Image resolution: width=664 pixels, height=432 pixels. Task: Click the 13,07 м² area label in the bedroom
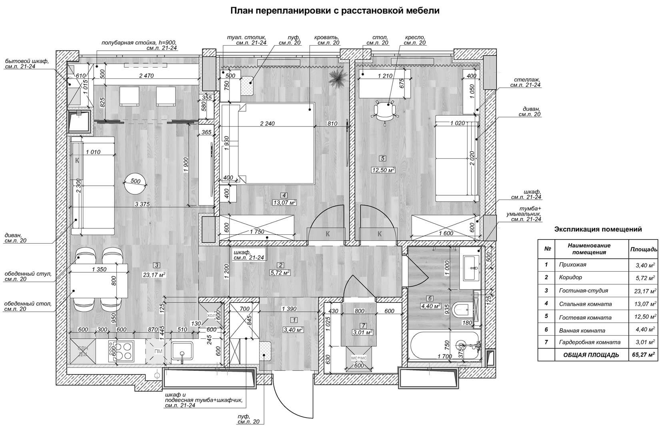[284, 202]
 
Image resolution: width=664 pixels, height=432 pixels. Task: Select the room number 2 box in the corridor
[281, 265]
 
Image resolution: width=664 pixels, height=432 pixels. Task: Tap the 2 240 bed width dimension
[267, 124]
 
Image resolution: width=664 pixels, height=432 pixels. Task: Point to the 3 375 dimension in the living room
[142, 204]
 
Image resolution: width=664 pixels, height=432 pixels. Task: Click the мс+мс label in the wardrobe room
[359, 358]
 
